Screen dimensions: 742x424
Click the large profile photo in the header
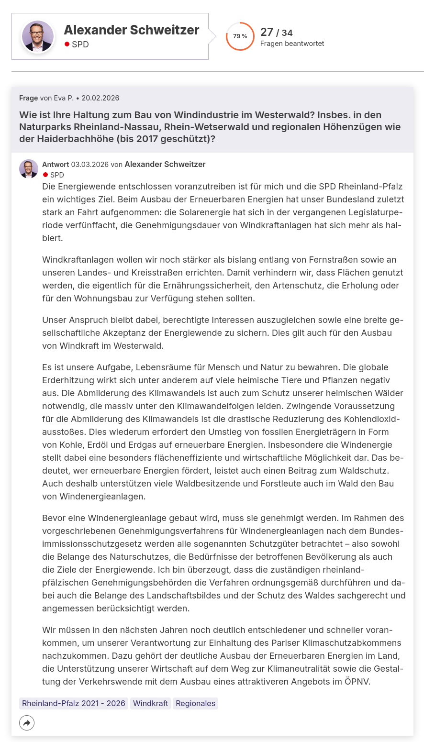coord(38,36)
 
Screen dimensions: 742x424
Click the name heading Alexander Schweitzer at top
coord(131,30)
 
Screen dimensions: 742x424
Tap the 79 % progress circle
coord(240,36)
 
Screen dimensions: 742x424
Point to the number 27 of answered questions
coord(267,32)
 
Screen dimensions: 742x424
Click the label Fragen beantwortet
coord(292,44)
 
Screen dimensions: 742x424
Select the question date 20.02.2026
coord(100,98)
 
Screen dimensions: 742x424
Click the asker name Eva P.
coord(64,98)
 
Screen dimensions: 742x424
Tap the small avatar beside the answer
coord(29,169)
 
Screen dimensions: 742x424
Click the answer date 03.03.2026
coord(89,165)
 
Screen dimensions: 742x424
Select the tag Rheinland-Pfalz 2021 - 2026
coord(74,703)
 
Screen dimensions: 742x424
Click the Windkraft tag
coord(150,703)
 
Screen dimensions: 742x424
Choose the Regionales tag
coord(195,703)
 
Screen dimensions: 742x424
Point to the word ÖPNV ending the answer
coord(357,681)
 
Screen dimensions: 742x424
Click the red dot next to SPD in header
coord(67,44)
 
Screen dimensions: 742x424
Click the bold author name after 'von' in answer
coord(165,165)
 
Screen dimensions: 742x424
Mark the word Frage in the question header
coord(28,98)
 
